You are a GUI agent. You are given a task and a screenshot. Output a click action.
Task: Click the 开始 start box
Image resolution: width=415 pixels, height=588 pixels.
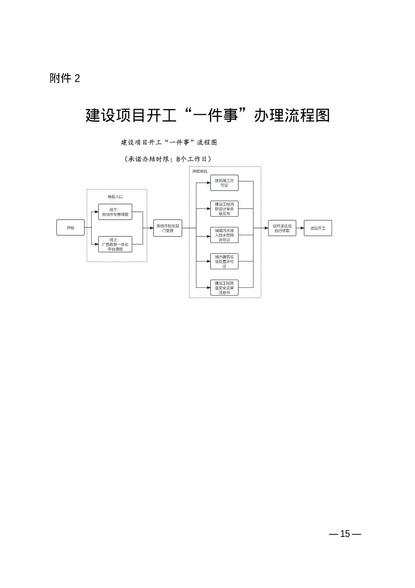click(x=70, y=227)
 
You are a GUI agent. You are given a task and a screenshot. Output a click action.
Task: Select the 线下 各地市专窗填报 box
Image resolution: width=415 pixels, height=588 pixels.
click(x=115, y=212)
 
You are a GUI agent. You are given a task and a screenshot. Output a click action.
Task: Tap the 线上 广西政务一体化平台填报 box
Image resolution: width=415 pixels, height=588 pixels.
click(x=115, y=244)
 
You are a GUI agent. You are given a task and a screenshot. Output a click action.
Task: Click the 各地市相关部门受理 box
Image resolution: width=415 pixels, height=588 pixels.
click(x=168, y=228)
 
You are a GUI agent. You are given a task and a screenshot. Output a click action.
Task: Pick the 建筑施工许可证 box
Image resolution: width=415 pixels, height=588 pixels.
click(x=224, y=183)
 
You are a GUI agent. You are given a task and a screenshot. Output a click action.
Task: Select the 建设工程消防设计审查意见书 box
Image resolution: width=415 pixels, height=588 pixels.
click(x=224, y=209)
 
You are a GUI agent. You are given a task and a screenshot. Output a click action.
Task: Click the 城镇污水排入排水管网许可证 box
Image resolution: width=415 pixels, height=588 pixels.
click(x=224, y=235)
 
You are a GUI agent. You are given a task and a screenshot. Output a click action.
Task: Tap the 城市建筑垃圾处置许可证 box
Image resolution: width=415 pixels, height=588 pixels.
click(x=224, y=261)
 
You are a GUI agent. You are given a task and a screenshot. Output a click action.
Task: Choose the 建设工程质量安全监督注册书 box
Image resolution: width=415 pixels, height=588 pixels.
click(x=224, y=287)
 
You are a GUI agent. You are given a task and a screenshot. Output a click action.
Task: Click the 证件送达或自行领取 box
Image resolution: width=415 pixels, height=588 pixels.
click(x=282, y=228)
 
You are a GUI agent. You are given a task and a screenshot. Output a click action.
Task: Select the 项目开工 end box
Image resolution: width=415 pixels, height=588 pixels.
click(x=318, y=228)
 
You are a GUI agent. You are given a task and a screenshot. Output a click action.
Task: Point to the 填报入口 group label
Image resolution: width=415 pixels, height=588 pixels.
click(x=115, y=197)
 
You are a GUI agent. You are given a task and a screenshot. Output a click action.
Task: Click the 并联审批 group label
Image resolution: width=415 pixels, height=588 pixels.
click(x=200, y=171)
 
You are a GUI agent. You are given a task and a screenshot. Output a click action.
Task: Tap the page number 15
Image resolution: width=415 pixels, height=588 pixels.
click(x=345, y=534)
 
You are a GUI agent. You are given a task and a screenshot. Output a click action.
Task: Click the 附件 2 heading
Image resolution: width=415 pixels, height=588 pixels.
click(x=65, y=78)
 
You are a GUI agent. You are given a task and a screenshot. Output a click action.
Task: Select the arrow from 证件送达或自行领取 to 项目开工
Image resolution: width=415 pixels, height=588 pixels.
click(x=300, y=228)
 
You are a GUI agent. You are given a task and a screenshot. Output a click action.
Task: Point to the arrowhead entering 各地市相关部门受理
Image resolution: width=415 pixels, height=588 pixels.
click(x=151, y=228)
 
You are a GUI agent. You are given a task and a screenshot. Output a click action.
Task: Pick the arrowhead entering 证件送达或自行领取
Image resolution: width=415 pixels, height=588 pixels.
click(x=266, y=228)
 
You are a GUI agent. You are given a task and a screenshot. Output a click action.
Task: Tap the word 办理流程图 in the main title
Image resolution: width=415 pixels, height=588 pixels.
click(x=292, y=115)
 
